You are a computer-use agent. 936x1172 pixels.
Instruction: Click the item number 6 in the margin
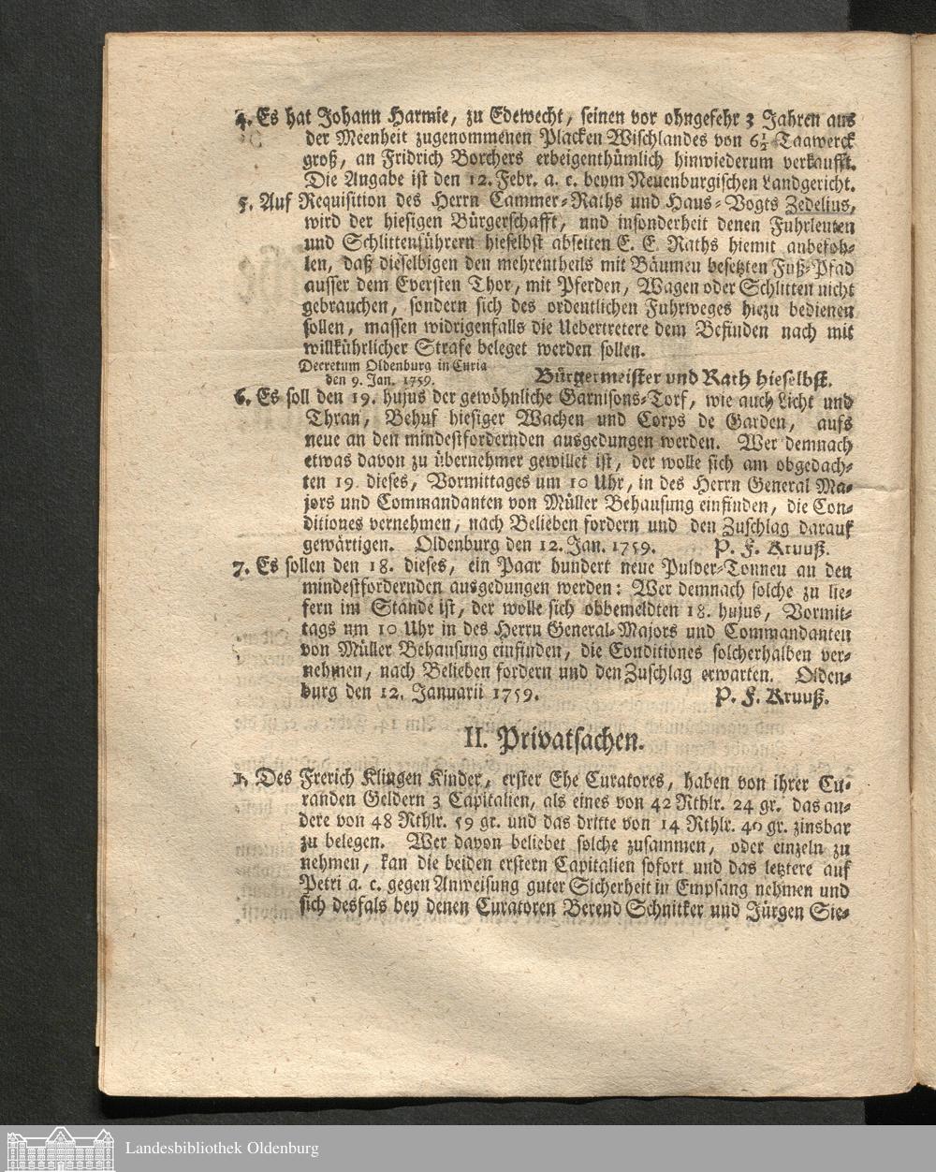[x=241, y=399]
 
